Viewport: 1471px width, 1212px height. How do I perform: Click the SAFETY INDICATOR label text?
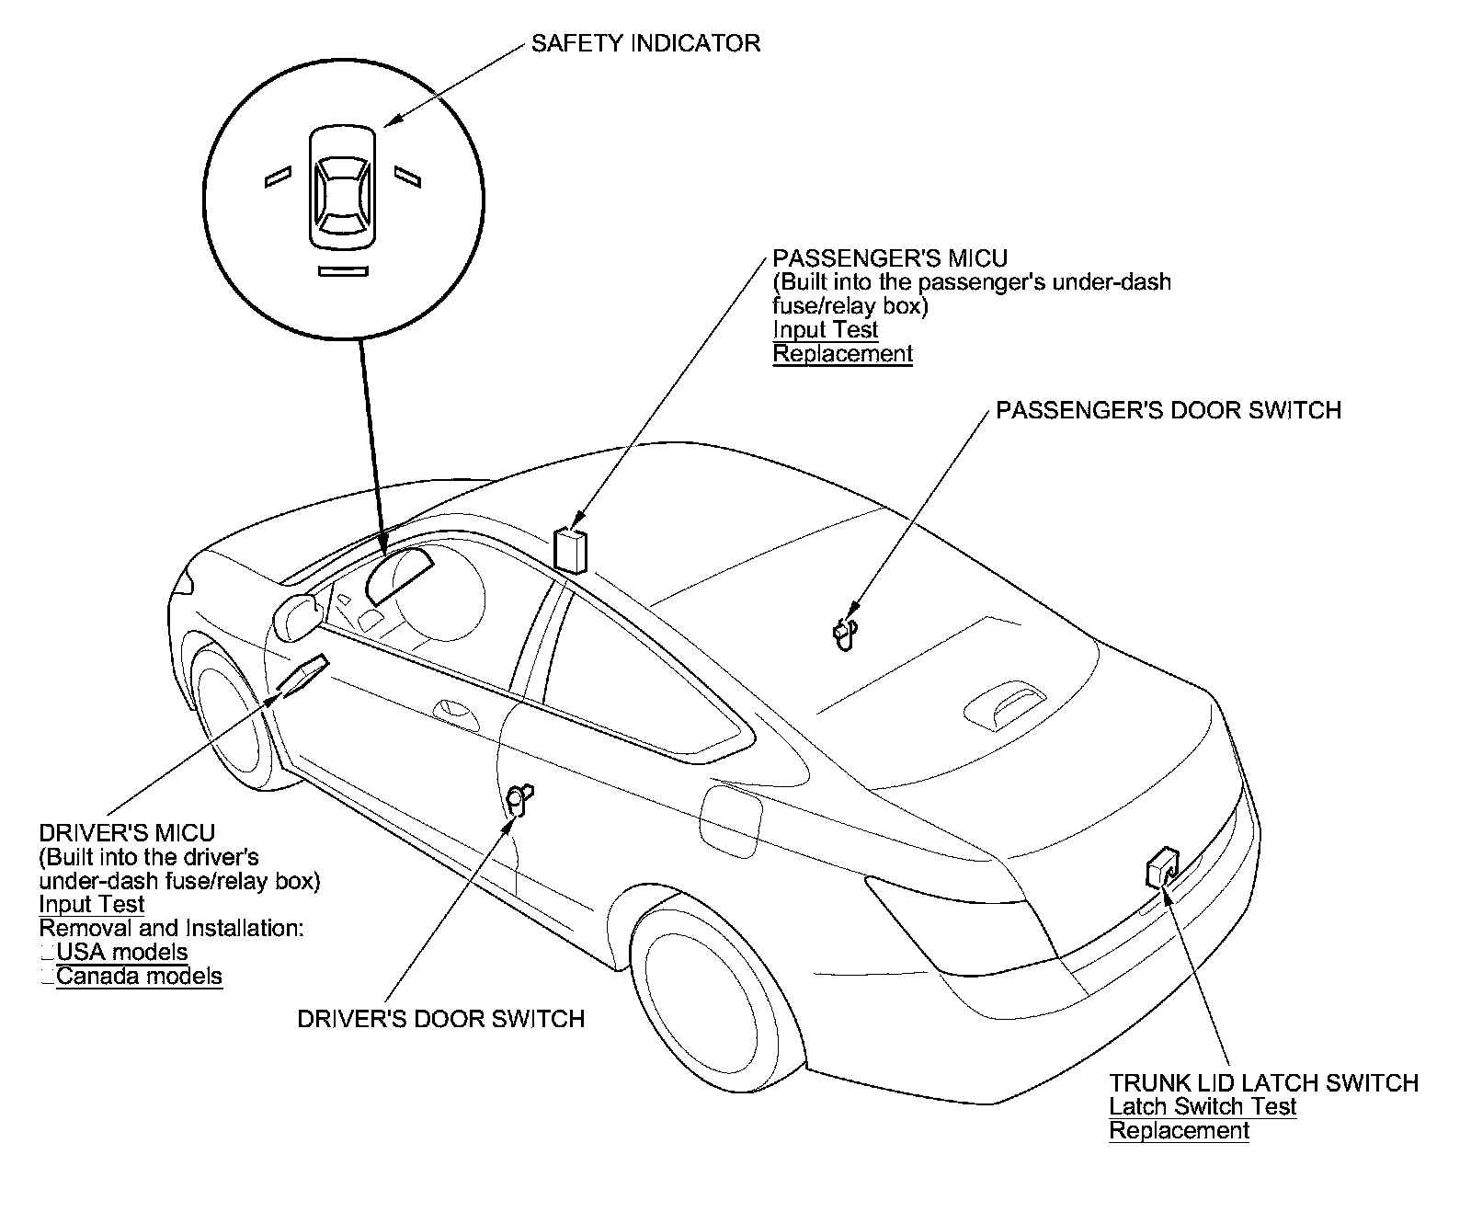coord(645,43)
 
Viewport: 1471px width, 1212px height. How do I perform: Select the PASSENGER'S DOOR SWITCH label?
coord(1169,410)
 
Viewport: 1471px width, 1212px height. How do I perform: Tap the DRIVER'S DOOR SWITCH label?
coord(441,1019)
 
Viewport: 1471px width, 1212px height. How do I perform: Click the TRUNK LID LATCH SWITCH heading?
coord(1263,1083)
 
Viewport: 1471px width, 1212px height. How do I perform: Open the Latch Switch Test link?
coord(1203,1107)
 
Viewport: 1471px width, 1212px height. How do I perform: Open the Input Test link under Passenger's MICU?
coord(825,330)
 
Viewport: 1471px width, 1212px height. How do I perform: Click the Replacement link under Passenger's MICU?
coord(842,354)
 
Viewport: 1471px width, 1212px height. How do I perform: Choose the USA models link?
coord(122,953)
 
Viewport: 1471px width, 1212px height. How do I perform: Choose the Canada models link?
coord(139,977)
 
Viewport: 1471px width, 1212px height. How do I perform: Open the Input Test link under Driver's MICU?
coord(91,905)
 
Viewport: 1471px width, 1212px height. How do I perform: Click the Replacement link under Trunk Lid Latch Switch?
coord(1179,1131)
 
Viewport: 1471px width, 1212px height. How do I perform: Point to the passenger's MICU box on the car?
coord(571,550)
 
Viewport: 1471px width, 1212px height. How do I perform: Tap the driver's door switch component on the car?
coord(520,798)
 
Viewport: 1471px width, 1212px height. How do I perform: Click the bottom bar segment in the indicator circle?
coord(343,271)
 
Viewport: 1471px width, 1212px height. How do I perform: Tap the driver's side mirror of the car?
coord(297,616)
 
